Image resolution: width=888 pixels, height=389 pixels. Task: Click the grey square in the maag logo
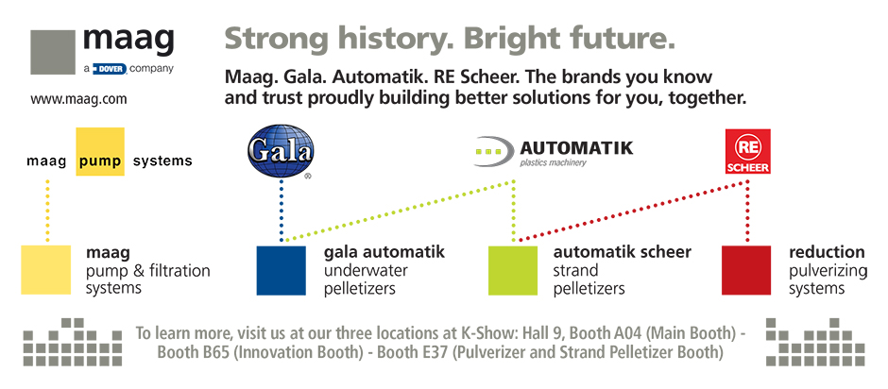(x=53, y=52)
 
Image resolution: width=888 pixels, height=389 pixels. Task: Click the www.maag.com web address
(x=78, y=100)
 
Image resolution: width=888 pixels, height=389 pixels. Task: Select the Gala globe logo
(x=281, y=150)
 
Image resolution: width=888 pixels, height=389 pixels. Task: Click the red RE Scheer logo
(x=747, y=151)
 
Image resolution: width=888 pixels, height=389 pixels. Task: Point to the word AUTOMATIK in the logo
(x=576, y=148)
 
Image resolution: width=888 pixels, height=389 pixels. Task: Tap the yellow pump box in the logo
(x=100, y=151)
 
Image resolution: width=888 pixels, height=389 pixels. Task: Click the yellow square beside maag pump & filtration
(x=46, y=269)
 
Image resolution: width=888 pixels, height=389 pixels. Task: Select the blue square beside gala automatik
(x=281, y=270)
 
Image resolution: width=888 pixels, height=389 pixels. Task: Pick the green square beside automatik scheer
(x=513, y=270)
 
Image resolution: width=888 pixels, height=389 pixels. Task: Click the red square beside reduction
(x=746, y=270)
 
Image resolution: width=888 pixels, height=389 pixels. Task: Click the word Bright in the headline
(x=513, y=40)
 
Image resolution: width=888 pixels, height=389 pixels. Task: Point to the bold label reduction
(x=827, y=251)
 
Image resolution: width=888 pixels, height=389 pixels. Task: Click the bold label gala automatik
(x=384, y=251)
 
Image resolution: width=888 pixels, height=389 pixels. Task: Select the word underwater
(x=366, y=270)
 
